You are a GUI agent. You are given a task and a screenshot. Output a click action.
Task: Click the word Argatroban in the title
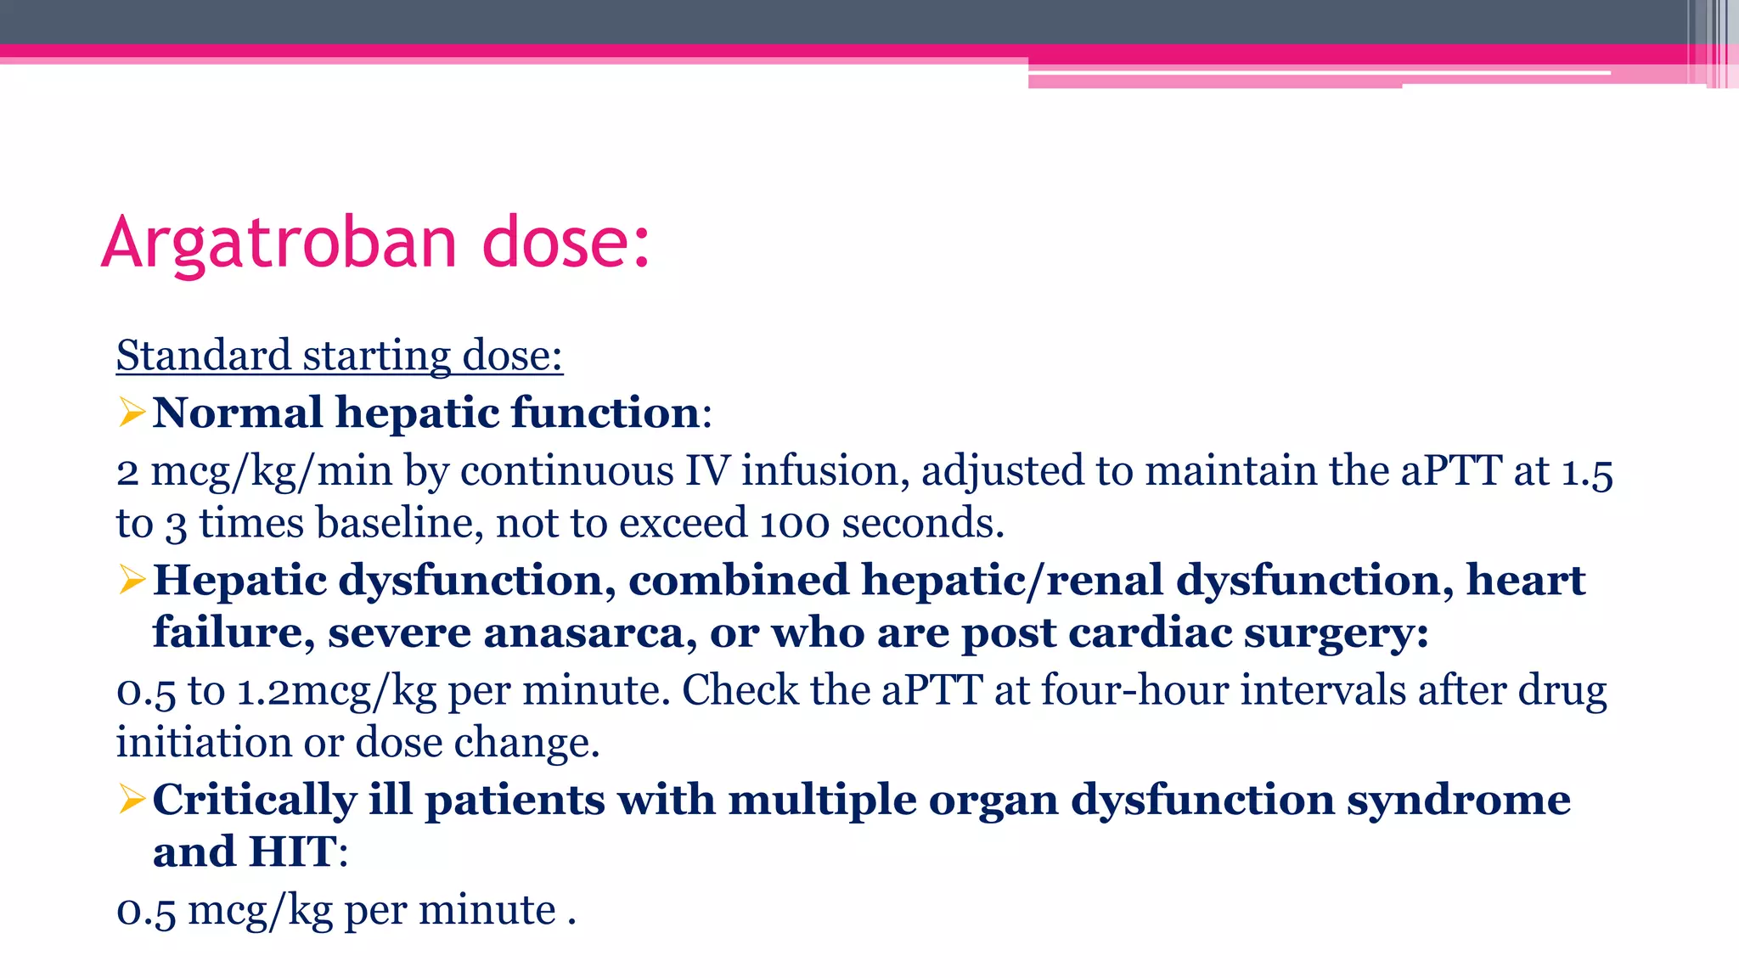coord(279,243)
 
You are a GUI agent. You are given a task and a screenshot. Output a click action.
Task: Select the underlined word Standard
coord(203,355)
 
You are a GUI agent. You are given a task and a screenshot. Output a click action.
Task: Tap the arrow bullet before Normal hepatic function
coord(132,413)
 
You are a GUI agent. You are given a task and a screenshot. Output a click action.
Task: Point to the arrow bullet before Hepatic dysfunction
coord(132,580)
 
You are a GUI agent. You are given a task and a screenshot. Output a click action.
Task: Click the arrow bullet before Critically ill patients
coord(132,799)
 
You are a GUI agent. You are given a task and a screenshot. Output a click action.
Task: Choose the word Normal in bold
coord(238,413)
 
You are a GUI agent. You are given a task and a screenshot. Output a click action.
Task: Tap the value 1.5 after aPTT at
coord(1587,471)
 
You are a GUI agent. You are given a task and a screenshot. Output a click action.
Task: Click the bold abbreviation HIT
coord(291,852)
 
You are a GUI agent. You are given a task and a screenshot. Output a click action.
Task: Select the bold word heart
coord(1525,581)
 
